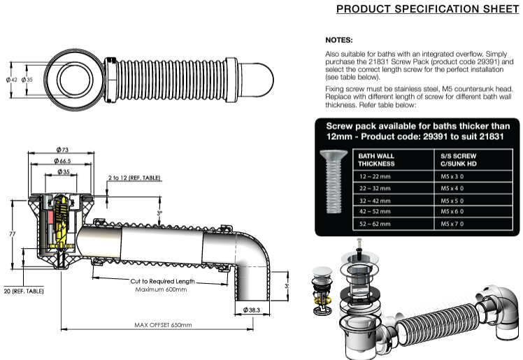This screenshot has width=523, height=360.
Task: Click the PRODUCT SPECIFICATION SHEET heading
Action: [x=427, y=9]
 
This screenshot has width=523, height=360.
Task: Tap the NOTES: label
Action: [x=340, y=40]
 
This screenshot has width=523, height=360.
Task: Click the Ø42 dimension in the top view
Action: [x=11, y=80]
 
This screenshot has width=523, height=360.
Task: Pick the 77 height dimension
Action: [x=12, y=233]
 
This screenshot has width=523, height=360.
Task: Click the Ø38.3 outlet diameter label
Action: [x=253, y=309]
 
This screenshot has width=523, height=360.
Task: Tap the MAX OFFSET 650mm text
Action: [x=163, y=325]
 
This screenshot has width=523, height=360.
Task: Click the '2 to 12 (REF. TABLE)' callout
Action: [x=135, y=178]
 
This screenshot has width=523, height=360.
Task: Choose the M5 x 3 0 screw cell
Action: [x=452, y=178]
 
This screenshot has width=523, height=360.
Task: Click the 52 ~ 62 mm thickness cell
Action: [x=375, y=224]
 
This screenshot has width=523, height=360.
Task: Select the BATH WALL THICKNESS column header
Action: [x=376, y=159]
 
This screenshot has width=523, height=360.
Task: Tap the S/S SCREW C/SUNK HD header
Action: [x=459, y=159]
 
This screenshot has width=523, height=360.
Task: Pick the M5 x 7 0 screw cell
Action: [x=452, y=224]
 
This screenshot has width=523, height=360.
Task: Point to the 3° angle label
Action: [x=159, y=213]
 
